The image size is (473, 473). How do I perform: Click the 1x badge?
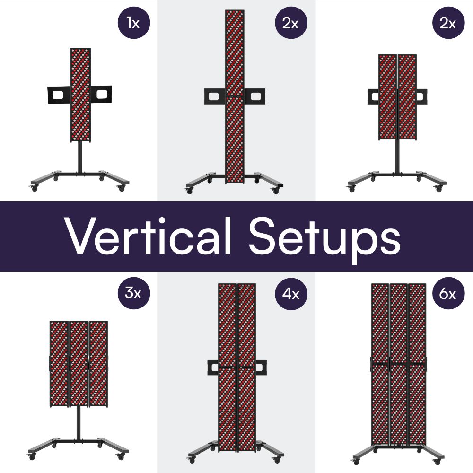pos(134,22)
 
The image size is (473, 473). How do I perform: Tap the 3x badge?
pos(134,293)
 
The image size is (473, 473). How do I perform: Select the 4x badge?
pos(291,293)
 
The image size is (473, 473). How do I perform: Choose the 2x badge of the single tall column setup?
pos(291,22)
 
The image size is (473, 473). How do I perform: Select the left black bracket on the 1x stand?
pos(58,96)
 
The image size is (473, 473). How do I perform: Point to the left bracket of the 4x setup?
pos(213,367)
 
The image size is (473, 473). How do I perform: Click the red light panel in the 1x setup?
pos(80,95)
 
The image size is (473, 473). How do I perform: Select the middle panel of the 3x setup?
pos(79,363)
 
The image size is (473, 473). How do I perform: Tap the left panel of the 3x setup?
pos(59,363)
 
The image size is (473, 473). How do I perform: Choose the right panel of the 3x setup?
pos(98,363)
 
